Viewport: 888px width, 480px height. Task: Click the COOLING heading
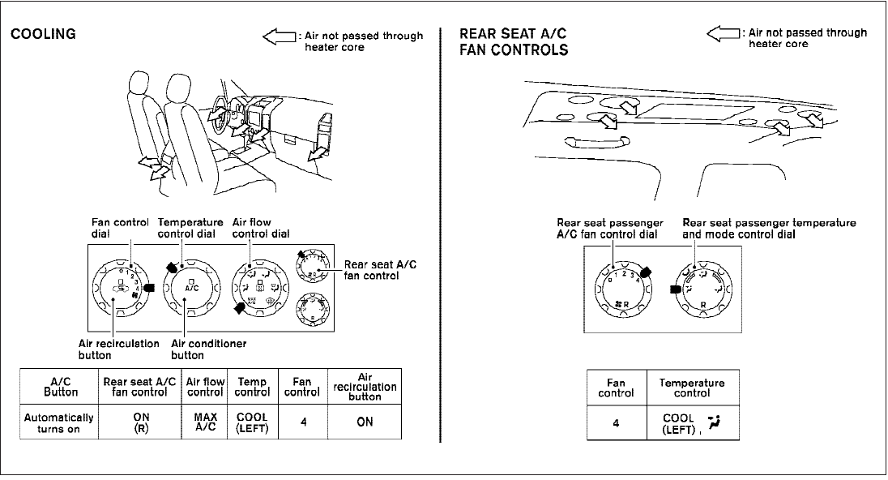42,34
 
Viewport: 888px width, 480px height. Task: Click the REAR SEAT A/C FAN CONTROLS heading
513,41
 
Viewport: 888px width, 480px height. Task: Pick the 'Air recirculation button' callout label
118,349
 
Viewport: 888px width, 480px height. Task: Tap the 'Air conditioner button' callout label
209,349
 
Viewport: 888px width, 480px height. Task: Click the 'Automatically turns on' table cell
61,422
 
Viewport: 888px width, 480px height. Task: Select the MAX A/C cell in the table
205,422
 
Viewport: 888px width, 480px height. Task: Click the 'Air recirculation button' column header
365,387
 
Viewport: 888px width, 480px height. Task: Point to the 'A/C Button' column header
61,387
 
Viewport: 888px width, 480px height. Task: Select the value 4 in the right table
616,422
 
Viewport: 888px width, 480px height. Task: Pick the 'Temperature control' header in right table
692,388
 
